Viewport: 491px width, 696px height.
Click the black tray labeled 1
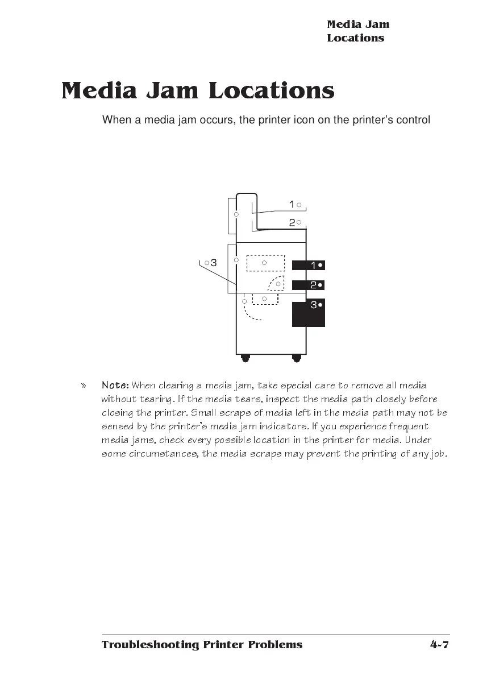(x=308, y=265)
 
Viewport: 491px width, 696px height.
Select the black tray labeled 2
(x=308, y=284)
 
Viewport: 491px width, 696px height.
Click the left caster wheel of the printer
(x=246, y=358)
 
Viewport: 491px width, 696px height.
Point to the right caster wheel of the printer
(x=296, y=358)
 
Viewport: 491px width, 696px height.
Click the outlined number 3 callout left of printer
(x=210, y=263)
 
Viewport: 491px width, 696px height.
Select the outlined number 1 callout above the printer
(x=294, y=204)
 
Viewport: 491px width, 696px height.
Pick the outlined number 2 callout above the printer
(x=294, y=222)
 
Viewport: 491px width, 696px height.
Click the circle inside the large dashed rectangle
(x=264, y=263)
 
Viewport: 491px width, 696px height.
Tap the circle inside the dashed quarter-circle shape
(x=278, y=284)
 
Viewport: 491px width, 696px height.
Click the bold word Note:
(x=115, y=386)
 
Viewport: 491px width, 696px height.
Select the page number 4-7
(x=439, y=644)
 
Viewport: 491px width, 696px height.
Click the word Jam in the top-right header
(x=377, y=24)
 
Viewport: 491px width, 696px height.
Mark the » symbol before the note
(x=84, y=386)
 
